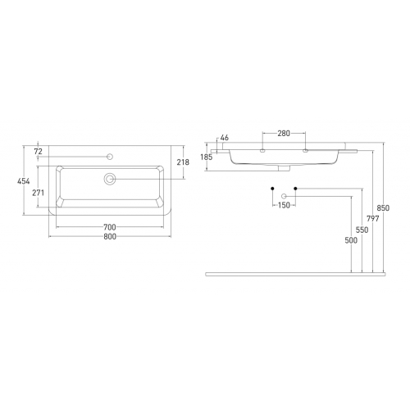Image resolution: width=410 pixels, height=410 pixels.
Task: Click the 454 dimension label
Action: click(24, 181)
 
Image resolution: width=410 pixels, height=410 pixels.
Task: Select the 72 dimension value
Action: click(39, 151)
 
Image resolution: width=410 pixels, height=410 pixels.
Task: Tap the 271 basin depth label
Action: click(39, 193)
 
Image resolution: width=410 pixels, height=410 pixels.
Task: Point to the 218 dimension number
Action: click(183, 162)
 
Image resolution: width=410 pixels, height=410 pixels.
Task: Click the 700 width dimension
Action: click(110, 227)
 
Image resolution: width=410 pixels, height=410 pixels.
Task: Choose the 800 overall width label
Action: click(110, 236)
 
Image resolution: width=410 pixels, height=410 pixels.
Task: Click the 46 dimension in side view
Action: click(225, 138)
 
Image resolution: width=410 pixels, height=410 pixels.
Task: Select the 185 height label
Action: click(207, 157)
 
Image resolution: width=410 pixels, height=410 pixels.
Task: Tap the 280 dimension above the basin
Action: click(284, 133)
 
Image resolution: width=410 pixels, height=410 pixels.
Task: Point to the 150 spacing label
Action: click(284, 205)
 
